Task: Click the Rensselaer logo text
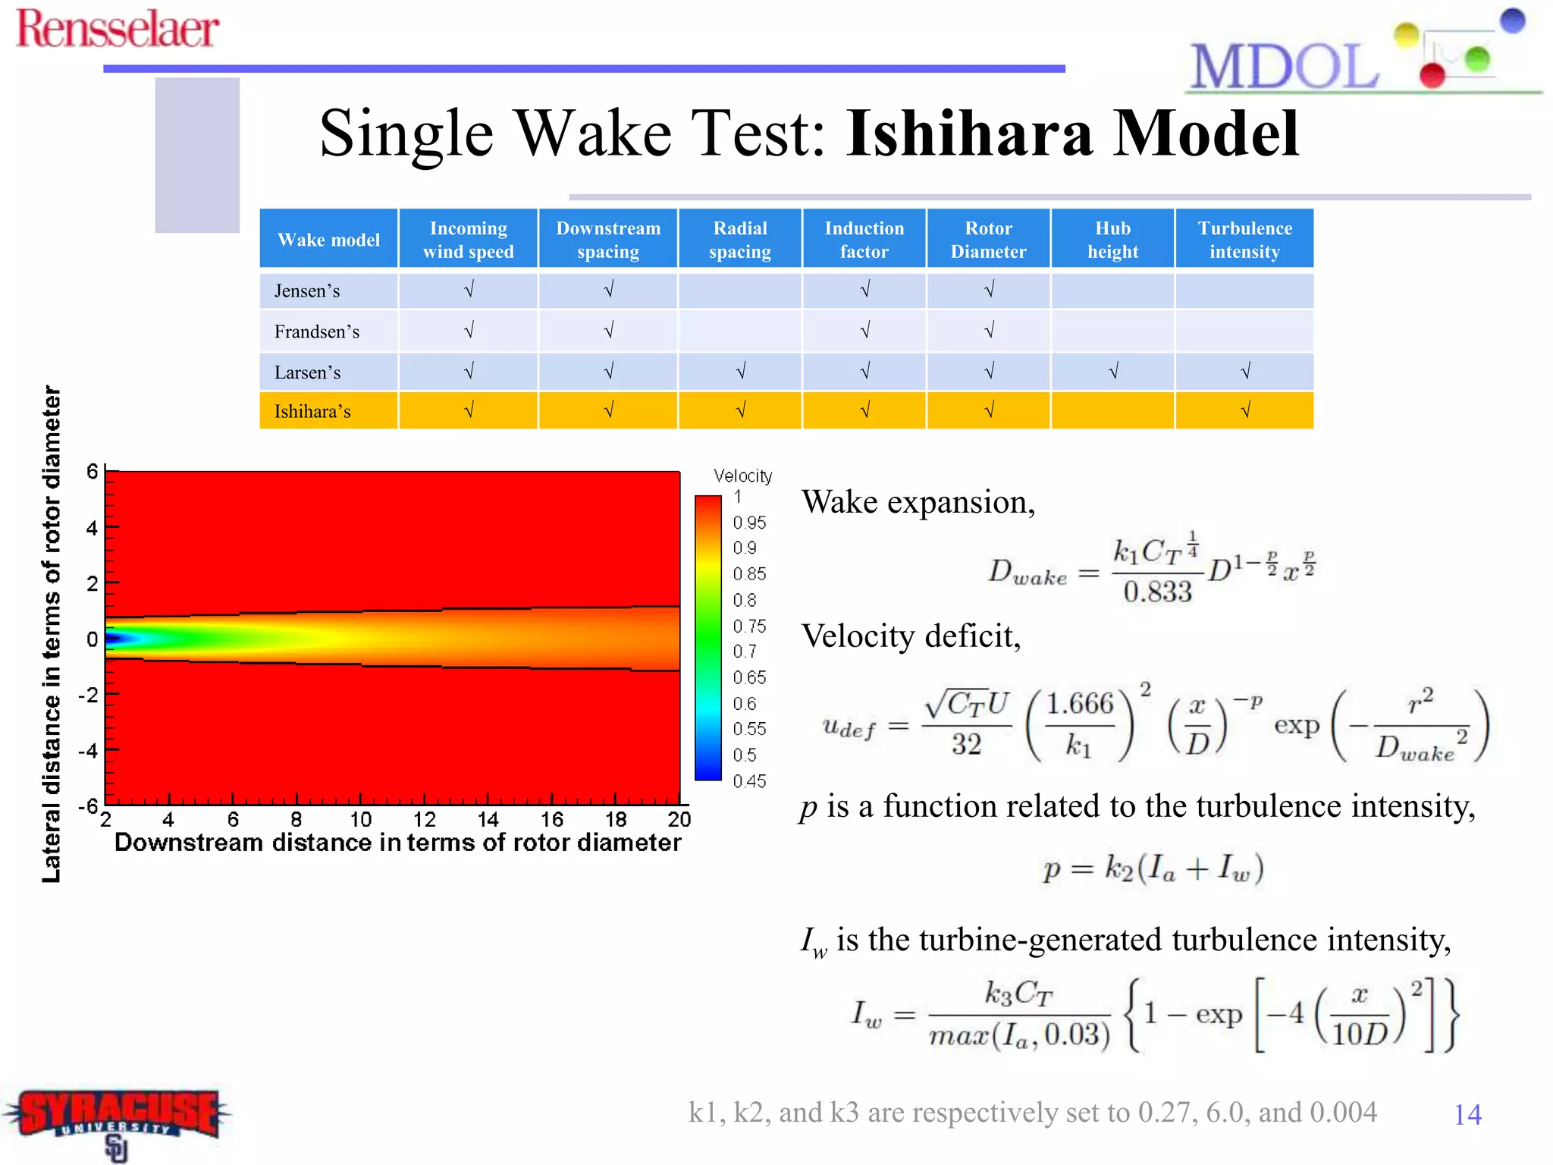pyautogui.click(x=118, y=29)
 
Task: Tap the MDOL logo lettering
pyautogui.click(x=1284, y=68)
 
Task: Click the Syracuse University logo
pyautogui.click(x=118, y=1119)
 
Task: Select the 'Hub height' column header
pyautogui.click(x=1112, y=240)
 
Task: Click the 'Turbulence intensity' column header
pyautogui.click(x=1244, y=240)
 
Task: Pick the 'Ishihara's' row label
pyautogui.click(x=312, y=411)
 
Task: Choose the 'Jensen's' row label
pyautogui.click(x=307, y=290)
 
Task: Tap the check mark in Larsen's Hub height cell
pyautogui.click(x=1113, y=372)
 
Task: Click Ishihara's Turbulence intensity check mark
pyautogui.click(x=1245, y=410)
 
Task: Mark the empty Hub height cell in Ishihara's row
pyautogui.click(x=1112, y=410)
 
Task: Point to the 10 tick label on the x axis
pyautogui.click(x=361, y=819)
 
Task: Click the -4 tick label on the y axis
pyautogui.click(x=89, y=751)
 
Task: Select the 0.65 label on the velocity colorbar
pyautogui.click(x=749, y=677)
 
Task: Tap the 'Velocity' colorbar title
pyautogui.click(x=742, y=476)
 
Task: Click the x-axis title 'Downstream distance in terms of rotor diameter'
pyautogui.click(x=397, y=843)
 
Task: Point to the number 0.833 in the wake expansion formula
pyautogui.click(x=1157, y=592)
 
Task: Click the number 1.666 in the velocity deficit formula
pyautogui.click(x=1080, y=704)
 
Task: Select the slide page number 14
pyautogui.click(x=1467, y=1114)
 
